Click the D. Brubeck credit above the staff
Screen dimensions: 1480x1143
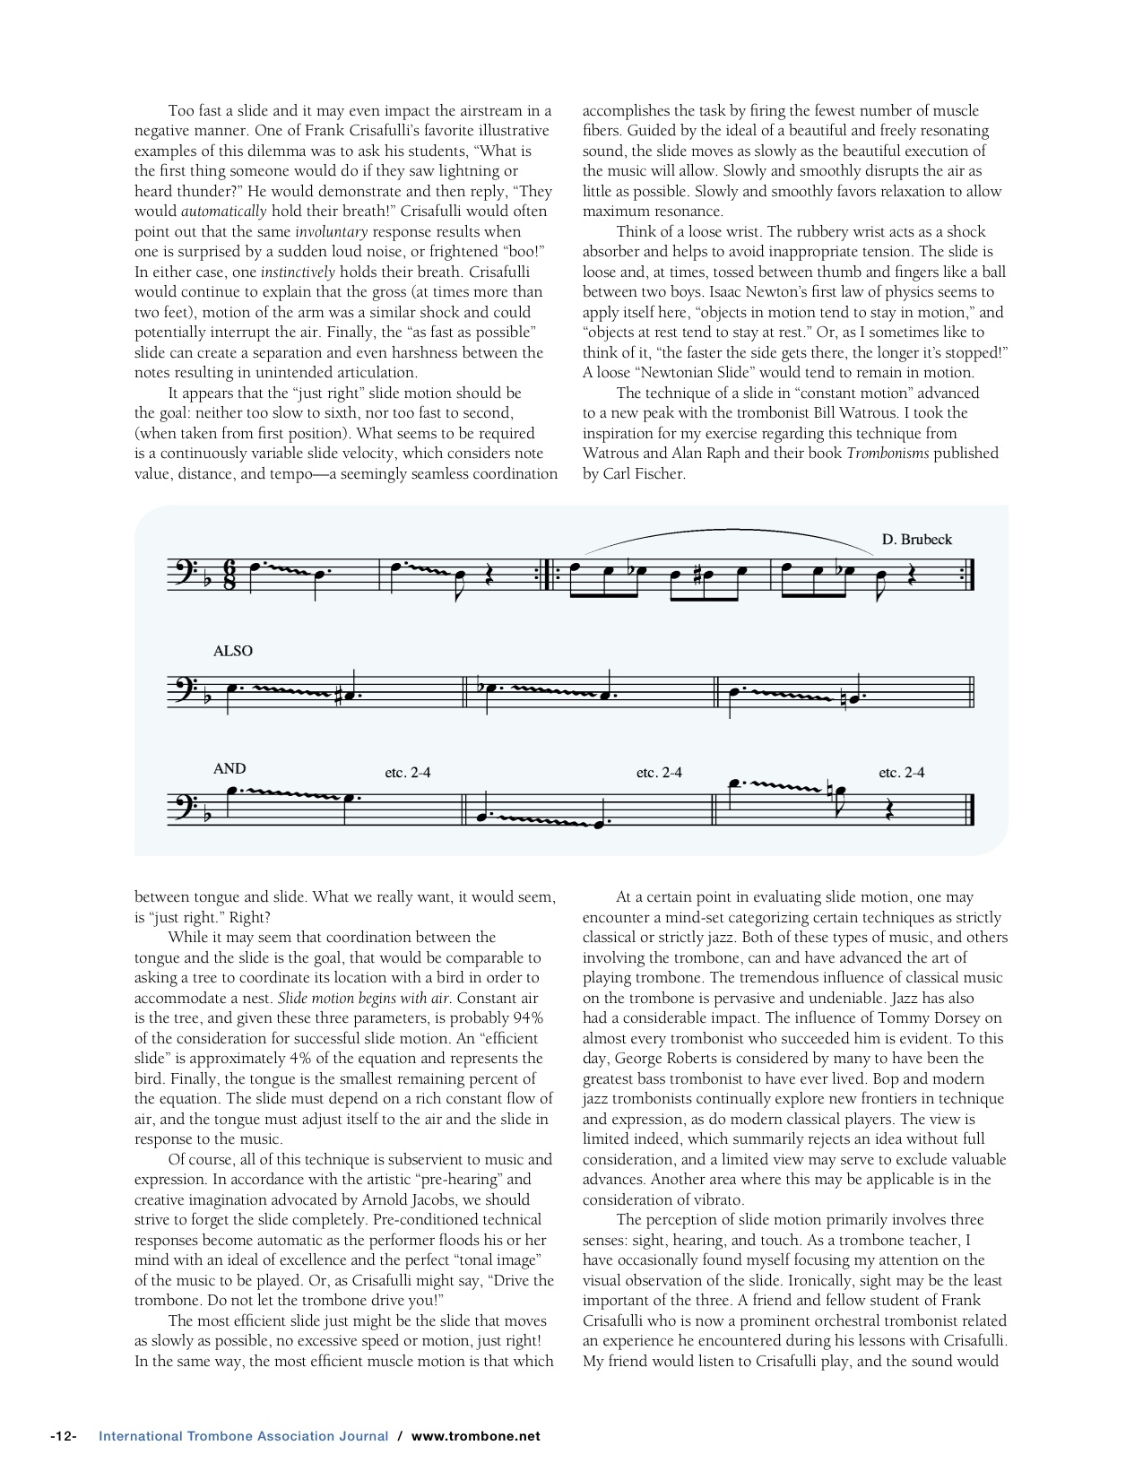pyautogui.click(x=916, y=540)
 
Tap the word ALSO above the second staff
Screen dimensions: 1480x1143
pyautogui.click(x=233, y=651)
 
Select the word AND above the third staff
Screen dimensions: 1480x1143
pyautogui.click(x=229, y=768)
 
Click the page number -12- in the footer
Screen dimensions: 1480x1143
pyautogui.click(x=63, y=1435)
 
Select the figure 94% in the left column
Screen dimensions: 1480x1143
pyautogui.click(x=526, y=1018)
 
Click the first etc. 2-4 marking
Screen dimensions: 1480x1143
pyautogui.click(x=408, y=773)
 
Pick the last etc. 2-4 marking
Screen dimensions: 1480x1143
pyautogui.click(x=902, y=773)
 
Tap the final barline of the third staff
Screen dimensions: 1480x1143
pyautogui.click(x=971, y=809)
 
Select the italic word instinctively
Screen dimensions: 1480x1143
pyautogui.click(x=298, y=272)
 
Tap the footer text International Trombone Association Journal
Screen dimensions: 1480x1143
pyautogui.click(x=243, y=1435)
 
